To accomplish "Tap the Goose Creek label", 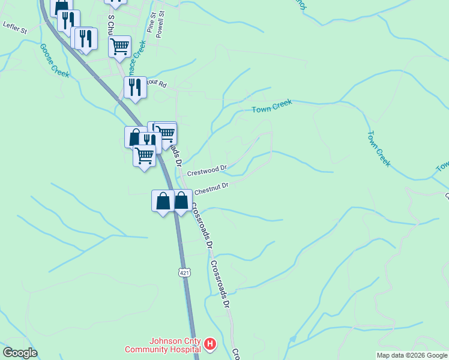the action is tap(55, 61).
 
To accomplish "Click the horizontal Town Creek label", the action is tap(272, 106).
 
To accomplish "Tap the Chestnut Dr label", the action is tap(211, 187).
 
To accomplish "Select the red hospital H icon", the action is tap(210, 344).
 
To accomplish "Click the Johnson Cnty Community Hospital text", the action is tap(162, 344).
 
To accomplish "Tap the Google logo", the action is tap(20, 353).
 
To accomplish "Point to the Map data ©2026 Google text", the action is tap(412, 355).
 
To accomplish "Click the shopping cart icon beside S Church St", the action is tap(120, 46).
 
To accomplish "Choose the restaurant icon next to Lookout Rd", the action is tap(135, 87).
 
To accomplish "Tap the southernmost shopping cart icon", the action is tap(144, 156).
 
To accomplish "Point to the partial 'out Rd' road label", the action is tap(157, 85).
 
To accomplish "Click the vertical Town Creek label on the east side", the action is tap(379, 148).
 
